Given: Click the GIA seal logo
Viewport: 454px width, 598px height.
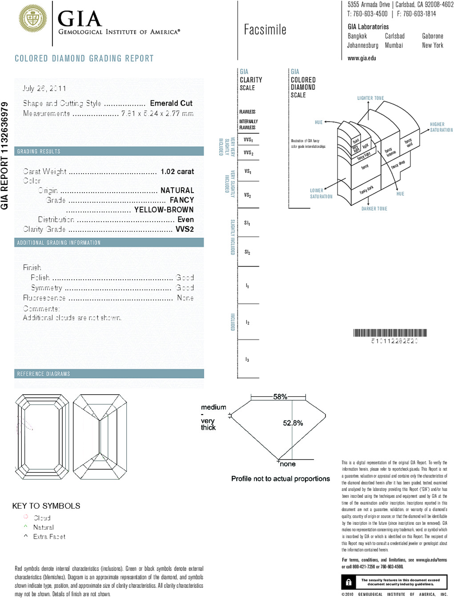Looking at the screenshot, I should (x=33, y=19).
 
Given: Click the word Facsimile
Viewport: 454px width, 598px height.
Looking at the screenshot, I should (x=265, y=30).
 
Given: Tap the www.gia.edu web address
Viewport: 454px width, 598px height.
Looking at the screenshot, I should (x=362, y=58).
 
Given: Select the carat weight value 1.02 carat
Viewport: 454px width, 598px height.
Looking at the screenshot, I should (x=177, y=171).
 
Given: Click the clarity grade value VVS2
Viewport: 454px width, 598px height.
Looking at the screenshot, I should (x=185, y=229).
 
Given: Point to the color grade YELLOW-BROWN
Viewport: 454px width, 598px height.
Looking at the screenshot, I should (x=164, y=210).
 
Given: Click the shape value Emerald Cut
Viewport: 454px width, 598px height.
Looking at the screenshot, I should (x=171, y=103).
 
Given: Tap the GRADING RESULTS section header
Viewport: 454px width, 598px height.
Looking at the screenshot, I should (x=39, y=151).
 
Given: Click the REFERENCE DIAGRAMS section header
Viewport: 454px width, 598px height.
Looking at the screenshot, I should (x=44, y=374).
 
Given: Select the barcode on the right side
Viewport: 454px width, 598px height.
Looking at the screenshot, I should (x=390, y=333).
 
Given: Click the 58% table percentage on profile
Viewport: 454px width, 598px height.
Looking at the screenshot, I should (x=280, y=396).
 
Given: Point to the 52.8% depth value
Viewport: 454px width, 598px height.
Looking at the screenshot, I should (x=293, y=423).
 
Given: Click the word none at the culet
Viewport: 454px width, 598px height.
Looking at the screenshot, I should (x=288, y=464).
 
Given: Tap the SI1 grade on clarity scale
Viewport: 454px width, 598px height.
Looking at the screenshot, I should (x=247, y=223).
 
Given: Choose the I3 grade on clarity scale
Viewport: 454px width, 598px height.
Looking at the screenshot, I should (x=247, y=359).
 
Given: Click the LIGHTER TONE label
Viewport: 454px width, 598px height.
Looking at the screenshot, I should (x=370, y=98).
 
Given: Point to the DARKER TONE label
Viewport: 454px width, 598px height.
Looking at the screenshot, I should (x=374, y=209).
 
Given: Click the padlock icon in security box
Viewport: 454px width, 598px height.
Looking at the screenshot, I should (x=349, y=582).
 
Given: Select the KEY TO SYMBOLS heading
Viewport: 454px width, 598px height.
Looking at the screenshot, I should (x=46, y=506).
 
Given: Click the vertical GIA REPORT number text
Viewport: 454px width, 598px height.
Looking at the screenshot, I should (x=5, y=155).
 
